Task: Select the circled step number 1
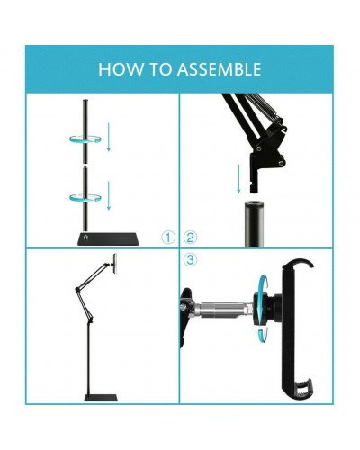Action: pos(168,238)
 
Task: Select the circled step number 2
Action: pos(190,238)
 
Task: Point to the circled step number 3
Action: pos(190,260)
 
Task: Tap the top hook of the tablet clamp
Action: pos(301,265)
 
